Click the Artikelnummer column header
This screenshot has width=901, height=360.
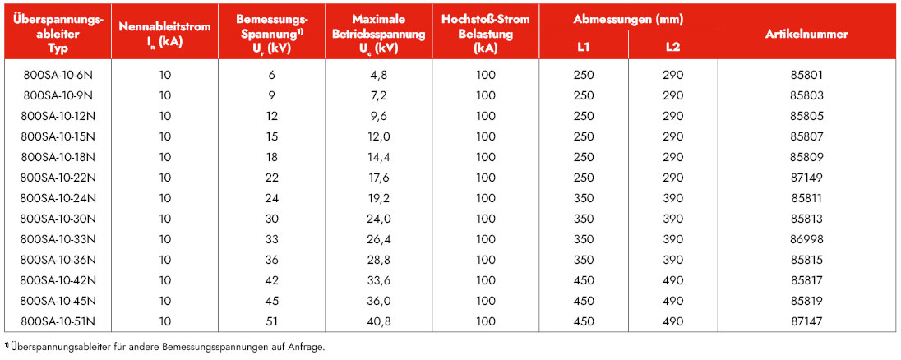point(806,34)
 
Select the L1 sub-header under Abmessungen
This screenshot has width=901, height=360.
point(583,47)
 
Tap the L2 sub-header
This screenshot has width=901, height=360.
point(673,47)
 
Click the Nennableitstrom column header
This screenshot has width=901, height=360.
point(165,34)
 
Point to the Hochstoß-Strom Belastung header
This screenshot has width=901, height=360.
point(486,34)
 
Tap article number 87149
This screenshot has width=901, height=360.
point(806,178)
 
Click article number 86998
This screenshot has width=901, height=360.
point(806,240)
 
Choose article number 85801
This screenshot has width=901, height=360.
point(806,75)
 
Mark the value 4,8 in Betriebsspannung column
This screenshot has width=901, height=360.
point(379,75)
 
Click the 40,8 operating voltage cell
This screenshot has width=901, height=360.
point(379,322)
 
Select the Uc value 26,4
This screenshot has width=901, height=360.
point(379,240)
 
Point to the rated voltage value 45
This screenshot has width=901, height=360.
point(272,302)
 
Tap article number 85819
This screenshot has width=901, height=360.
point(806,302)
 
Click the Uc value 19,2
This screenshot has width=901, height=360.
point(379,199)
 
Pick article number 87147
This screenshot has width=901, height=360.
point(806,322)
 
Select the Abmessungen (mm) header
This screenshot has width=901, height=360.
point(628,19)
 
